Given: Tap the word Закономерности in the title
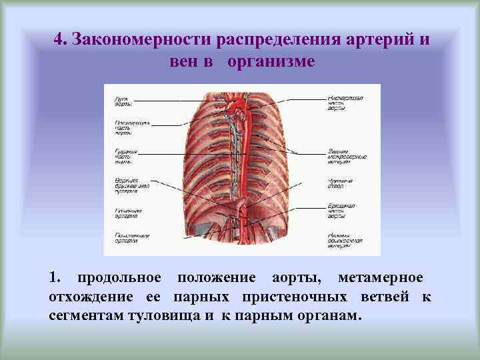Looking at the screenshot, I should pyautogui.click(x=140, y=39).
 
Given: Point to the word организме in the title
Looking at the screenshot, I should pyautogui.click(x=270, y=62).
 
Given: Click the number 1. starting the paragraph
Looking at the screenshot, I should pyautogui.click(x=55, y=277).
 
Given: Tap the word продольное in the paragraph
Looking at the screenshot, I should pyautogui.click(x=119, y=277).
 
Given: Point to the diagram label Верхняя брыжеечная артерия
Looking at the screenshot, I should pyautogui.click(x=127, y=185).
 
